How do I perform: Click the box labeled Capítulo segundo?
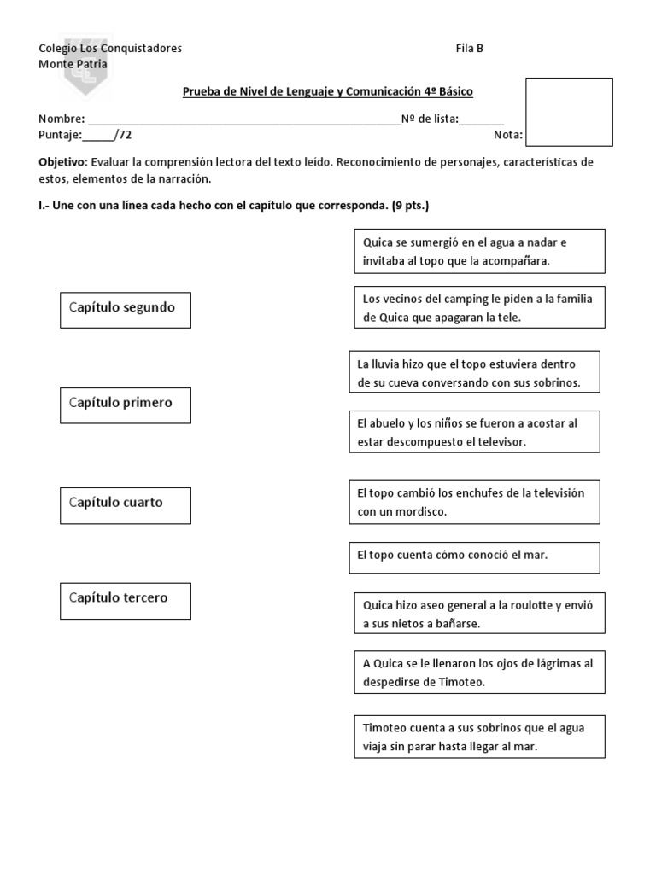click(125, 309)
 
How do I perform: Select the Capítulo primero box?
click(125, 405)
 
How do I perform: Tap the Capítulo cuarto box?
click(125, 504)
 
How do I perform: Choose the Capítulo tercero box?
click(125, 600)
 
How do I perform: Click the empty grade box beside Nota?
click(568, 112)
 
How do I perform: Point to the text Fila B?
click(470, 49)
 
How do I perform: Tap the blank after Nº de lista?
click(482, 119)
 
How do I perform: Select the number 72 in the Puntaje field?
click(126, 135)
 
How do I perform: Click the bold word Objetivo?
click(63, 162)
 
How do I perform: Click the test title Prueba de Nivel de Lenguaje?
click(328, 91)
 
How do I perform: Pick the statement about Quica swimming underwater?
click(478, 252)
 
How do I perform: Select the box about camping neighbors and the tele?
click(478, 307)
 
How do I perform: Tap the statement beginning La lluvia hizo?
click(474, 373)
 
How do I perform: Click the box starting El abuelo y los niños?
click(474, 432)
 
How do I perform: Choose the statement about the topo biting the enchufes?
click(474, 502)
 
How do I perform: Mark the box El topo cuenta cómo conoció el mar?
click(474, 556)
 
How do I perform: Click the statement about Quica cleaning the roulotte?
click(478, 615)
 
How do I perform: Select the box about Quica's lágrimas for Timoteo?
click(478, 673)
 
